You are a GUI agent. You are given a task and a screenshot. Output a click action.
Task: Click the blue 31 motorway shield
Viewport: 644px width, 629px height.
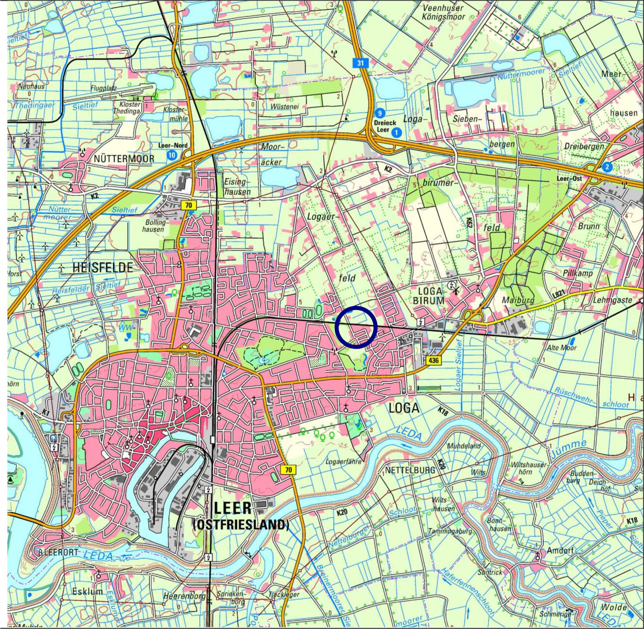click(360, 62)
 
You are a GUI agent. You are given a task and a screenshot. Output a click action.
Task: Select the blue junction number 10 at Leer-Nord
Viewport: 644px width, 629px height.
click(172, 155)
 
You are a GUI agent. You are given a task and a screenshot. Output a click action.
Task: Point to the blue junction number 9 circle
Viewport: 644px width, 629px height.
click(380, 113)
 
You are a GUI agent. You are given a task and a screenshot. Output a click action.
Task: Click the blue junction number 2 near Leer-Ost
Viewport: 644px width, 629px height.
click(607, 167)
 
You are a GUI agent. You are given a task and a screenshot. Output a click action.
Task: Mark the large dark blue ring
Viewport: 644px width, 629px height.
click(356, 327)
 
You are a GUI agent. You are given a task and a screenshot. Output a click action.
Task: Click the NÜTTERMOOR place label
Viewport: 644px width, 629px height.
click(124, 159)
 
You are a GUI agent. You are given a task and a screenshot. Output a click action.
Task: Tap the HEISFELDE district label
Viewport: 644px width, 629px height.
click(103, 268)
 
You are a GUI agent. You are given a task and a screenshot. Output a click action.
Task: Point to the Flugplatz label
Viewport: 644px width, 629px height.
click(104, 88)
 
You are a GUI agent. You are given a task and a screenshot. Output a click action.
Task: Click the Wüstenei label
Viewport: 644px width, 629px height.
click(284, 107)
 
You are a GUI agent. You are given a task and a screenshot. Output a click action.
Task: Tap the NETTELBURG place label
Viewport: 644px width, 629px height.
click(410, 470)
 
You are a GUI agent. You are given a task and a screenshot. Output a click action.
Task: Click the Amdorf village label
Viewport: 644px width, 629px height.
click(560, 551)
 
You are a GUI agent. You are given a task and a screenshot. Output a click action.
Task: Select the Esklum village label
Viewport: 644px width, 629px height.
click(88, 591)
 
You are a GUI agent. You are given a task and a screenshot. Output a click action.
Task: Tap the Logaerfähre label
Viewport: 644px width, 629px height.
click(343, 461)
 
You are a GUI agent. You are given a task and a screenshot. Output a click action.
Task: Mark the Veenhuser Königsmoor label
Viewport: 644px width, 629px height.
click(443, 13)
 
